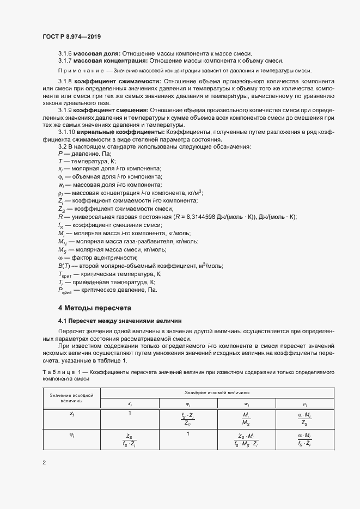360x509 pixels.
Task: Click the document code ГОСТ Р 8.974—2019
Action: click(x=71, y=36)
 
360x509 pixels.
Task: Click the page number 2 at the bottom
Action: click(x=44, y=463)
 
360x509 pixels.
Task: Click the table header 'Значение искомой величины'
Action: click(x=217, y=393)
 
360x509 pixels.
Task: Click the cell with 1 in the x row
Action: click(x=130, y=414)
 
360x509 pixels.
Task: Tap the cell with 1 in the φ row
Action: click(x=188, y=433)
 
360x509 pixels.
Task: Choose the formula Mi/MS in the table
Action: click(x=247, y=419)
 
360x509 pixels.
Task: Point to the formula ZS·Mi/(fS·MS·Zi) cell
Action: click(x=247, y=439)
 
